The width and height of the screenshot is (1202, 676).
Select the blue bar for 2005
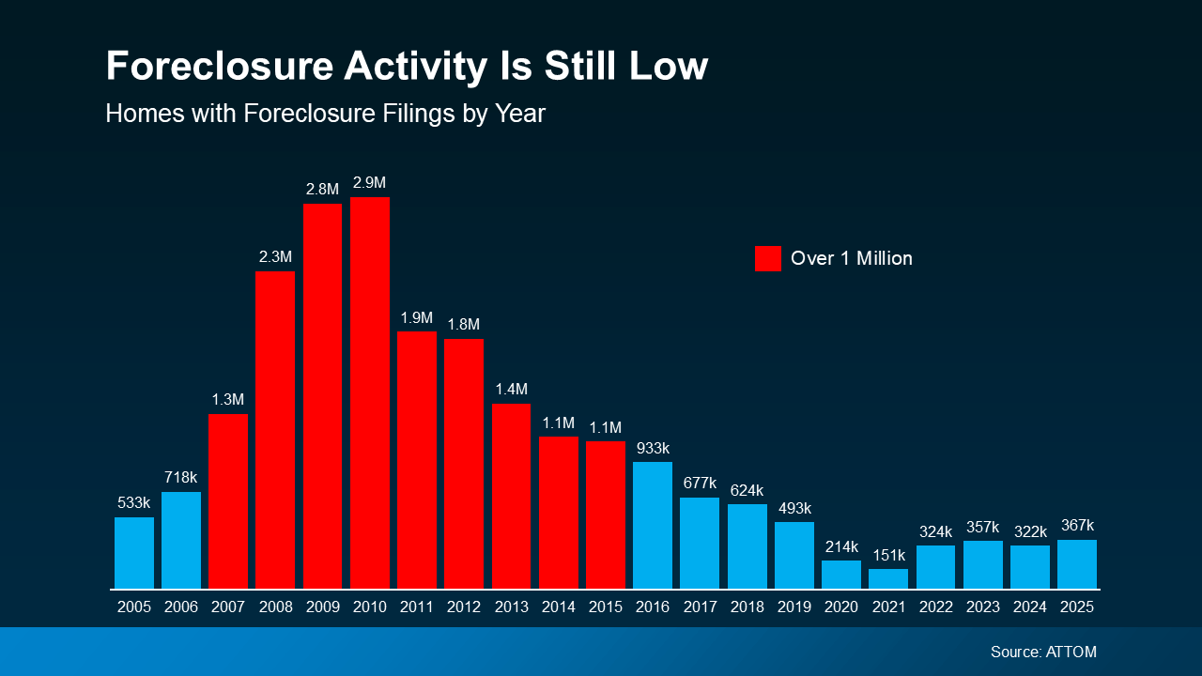pos(134,553)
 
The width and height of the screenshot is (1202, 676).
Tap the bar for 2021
pos(888,579)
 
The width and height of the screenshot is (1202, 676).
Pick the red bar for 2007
pos(228,501)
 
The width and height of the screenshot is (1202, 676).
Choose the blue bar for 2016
pos(653,525)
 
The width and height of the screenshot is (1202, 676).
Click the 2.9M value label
pos(370,182)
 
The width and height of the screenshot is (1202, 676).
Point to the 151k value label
pos(888,554)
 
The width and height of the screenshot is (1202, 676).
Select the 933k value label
pos(653,448)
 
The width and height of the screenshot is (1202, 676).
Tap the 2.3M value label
pos(275,256)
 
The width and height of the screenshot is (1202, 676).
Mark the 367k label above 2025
pos(1077,526)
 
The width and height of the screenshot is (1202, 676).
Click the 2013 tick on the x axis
pos(511,607)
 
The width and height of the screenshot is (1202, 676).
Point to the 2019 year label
pos(794,607)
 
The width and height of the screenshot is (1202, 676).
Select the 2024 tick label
pos(1030,607)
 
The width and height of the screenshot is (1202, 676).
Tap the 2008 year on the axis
pos(275,607)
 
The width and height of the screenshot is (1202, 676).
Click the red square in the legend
pos(767,258)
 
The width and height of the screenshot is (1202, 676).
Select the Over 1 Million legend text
pos(852,258)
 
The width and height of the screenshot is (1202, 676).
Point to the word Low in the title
pos(666,68)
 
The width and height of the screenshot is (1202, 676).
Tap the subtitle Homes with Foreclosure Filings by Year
pos(325,114)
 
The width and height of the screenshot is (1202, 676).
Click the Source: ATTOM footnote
pos(1043,652)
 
